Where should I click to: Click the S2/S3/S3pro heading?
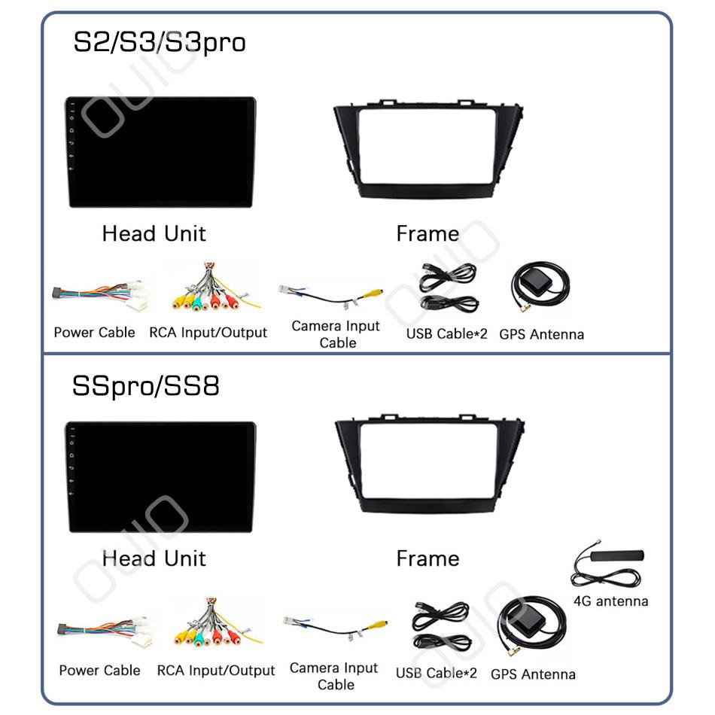(x=160, y=43)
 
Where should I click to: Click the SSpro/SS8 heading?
(x=146, y=386)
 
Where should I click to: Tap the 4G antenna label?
(x=610, y=601)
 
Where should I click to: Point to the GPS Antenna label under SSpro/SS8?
(x=533, y=674)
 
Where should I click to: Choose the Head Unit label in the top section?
(x=154, y=233)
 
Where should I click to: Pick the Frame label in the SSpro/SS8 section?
(x=427, y=558)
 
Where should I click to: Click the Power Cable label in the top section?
(x=94, y=332)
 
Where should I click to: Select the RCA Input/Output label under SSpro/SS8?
(x=216, y=671)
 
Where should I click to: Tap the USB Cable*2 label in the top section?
(x=446, y=333)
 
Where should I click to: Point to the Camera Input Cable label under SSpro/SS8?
(x=334, y=676)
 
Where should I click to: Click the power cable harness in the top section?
(x=100, y=295)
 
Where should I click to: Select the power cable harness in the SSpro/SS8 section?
(x=105, y=631)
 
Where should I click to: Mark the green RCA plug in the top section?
(x=197, y=303)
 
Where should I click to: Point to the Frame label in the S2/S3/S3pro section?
(x=427, y=233)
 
